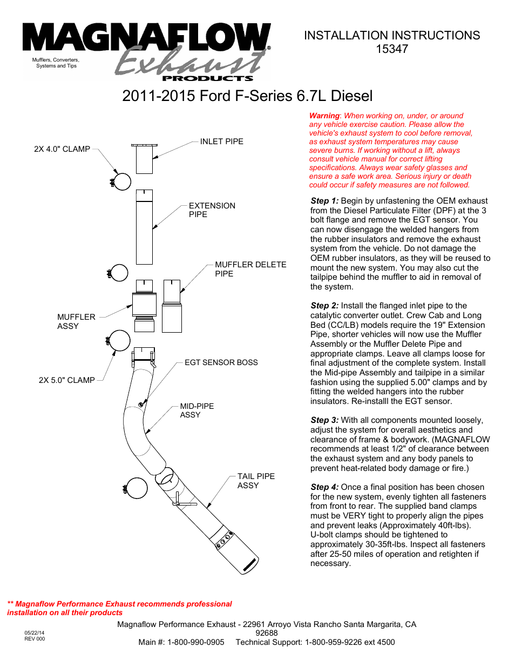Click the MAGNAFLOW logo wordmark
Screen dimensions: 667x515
(x=146, y=38)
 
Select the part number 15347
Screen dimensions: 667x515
(x=391, y=49)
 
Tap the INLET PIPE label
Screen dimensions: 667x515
(x=221, y=142)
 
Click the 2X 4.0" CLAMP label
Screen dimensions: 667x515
(x=62, y=149)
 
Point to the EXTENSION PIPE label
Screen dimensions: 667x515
(x=212, y=210)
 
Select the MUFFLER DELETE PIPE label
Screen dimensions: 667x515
(x=250, y=269)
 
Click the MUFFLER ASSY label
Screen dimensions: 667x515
(x=76, y=321)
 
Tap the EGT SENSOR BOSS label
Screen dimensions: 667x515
(x=221, y=362)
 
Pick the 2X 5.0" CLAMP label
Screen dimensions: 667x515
(x=66, y=380)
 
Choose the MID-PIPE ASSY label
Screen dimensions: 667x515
(x=196, y=410)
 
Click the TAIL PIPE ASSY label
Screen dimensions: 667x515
(x=256, y=481)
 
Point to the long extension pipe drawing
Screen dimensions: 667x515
(x=144, y=227)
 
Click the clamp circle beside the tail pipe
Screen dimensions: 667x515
(x=136, y=488)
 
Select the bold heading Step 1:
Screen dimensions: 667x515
(x=324, y=201)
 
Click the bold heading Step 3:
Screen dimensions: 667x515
(x=324, y=420)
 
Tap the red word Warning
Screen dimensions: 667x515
(x=324, y=116)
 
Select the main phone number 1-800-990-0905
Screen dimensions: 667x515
(x=195, y=642)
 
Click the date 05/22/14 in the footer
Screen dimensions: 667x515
(x=35, y=632)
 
